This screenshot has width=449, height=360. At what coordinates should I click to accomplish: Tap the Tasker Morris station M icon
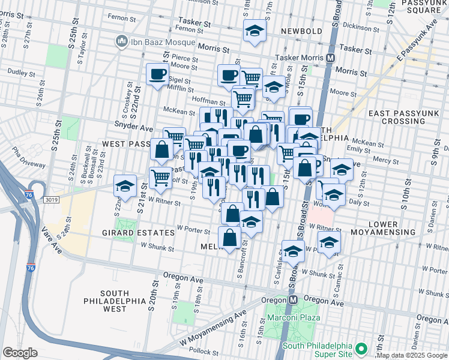tap(330, 58)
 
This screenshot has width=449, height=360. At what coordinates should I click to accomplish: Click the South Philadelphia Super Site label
tap(324, 348)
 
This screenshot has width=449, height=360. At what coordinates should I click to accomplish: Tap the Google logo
tap(20, 353)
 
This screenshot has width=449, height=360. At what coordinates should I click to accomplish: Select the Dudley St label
tap(22, 73)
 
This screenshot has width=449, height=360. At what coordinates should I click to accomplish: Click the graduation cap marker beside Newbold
tap(255, 31)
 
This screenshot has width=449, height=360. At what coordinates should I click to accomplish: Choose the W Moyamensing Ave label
tap(213, 328)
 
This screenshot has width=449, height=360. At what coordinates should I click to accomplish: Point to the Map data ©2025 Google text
tap(412, 355)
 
